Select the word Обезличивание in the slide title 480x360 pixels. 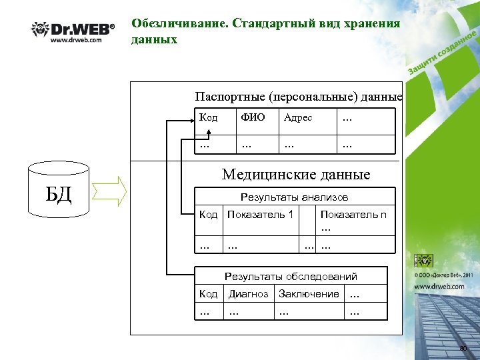(x=179, y=23)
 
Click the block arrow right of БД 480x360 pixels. (x=109, y=191)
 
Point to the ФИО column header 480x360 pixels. (x=253, y=117)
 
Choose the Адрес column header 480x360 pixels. (x=297, y=118)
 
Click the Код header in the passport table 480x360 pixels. (x=208, y=117)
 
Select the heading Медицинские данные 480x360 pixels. (x=295, y=175)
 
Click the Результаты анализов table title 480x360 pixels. (x=294, y=197)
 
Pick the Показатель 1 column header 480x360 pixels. (x=260, y=214)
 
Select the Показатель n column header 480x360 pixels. (x=353, y=214)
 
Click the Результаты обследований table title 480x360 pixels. (x=291, y=276)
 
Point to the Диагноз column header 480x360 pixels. (x=248, y=293)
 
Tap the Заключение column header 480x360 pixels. (x=309, y=293)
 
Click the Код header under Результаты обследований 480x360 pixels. (x=208, y=293)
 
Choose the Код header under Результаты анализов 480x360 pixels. (x=209, y=214)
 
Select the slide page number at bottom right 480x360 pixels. (x=463, y=349)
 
